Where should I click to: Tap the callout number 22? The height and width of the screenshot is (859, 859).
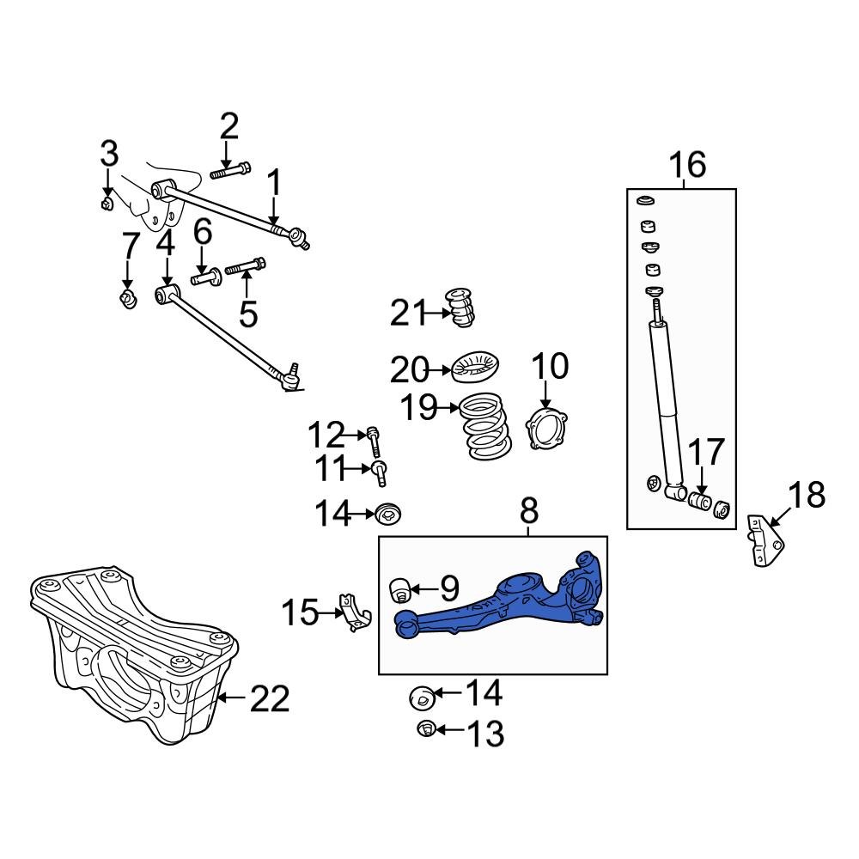click(x=270, y=699)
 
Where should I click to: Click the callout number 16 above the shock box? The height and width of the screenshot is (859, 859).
click(x=687, y=163)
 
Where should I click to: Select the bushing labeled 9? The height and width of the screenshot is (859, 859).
click(x=399, y=590)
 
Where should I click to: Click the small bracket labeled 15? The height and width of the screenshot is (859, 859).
click(x=354, y=612)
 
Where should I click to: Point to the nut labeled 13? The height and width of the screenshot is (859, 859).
click(x=424, y=730)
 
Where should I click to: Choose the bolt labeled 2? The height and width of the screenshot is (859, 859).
click(x=229, y=172)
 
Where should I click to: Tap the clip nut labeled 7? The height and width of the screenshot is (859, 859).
click(x=128, y=301)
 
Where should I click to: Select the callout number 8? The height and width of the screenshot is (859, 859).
click(x=528, y=512)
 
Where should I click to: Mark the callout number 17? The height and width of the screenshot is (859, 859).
click(x=706, y=453)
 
